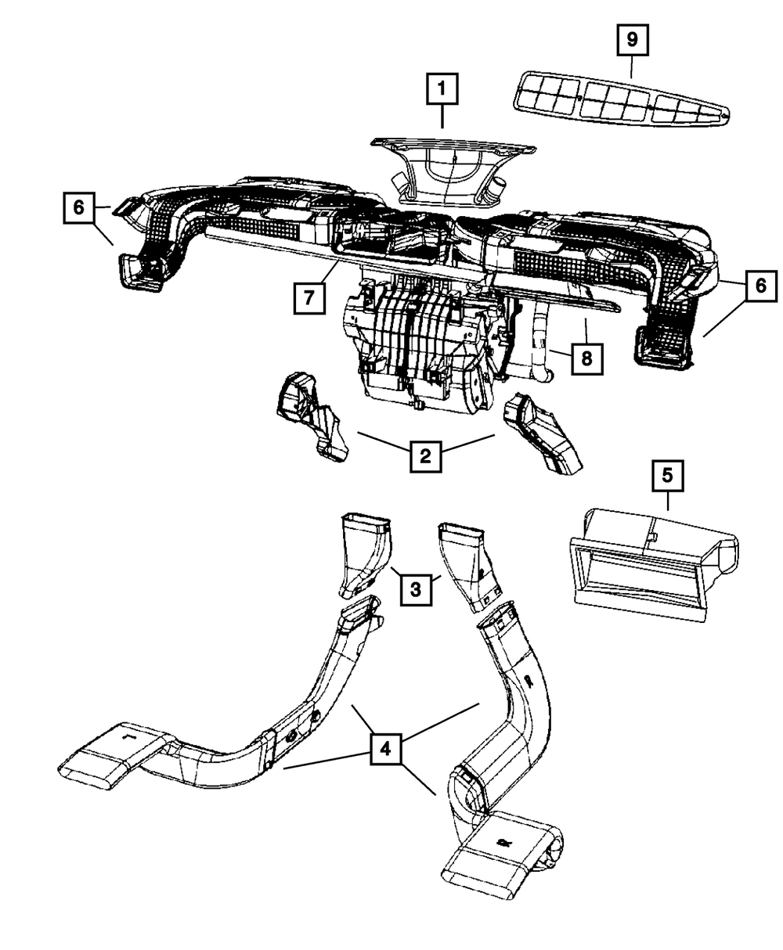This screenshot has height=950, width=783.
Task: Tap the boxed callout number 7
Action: (310, 298)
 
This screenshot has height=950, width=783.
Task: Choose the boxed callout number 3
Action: (417, 588)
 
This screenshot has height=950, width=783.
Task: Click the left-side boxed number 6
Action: (79, 209)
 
